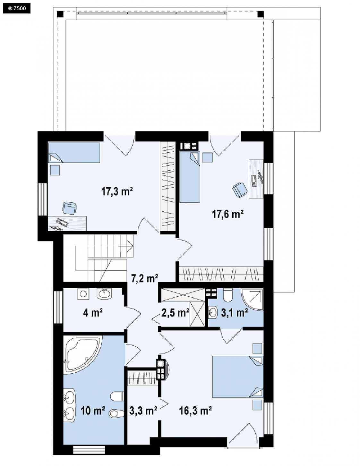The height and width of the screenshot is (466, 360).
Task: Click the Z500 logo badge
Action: point(17,9)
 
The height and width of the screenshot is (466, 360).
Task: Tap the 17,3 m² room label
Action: point(117,191)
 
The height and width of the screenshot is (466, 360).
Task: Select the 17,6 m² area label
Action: point(227,214)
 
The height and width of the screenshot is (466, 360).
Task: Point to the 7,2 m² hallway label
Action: point(145,279)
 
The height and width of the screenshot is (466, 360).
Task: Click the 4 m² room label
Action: point(93,313)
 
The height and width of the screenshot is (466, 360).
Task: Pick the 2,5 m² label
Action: point(175,313)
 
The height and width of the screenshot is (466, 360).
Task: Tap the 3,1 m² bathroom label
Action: point(235,313)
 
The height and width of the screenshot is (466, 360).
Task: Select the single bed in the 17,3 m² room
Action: point(74,153)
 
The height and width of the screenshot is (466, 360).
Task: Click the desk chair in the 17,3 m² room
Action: point(70,208)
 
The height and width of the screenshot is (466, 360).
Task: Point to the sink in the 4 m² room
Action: point(104,293)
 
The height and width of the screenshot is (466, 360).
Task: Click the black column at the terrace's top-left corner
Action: point(60,14)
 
